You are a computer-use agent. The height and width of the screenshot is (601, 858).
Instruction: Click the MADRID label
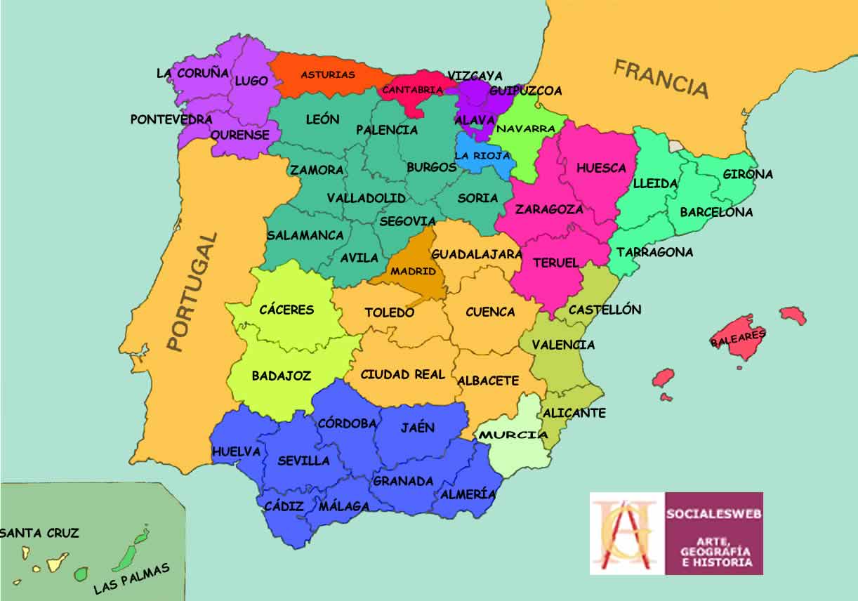[413, 271]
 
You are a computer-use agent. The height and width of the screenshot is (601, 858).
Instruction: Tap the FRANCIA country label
[661, 78]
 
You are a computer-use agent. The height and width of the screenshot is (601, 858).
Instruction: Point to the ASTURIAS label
[328, 74]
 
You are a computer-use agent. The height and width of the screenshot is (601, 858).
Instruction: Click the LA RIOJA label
[482, 155]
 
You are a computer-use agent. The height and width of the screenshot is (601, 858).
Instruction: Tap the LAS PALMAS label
[132, 579]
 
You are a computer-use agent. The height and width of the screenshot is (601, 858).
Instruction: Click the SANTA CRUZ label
[39, 533]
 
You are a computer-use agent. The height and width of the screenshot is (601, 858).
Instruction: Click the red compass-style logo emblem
[624, 534]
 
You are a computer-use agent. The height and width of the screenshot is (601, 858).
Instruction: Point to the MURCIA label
[513, 435]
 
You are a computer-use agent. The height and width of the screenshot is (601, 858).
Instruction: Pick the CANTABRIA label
[412, 90]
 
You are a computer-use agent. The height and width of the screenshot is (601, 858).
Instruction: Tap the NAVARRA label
[526, 129]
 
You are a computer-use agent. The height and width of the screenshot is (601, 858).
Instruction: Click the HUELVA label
[236, 451]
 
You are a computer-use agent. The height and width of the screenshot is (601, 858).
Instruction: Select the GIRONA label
[748, 174]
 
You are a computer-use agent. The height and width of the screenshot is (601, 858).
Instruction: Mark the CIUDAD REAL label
[402, 374]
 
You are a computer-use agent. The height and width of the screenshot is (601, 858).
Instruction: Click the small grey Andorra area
[675, 145]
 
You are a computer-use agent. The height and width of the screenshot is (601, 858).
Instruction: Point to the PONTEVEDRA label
[171, 119]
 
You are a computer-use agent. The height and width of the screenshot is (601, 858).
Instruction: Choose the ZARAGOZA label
[549, 209]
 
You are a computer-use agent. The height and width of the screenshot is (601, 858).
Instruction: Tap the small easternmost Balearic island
[793, 315]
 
